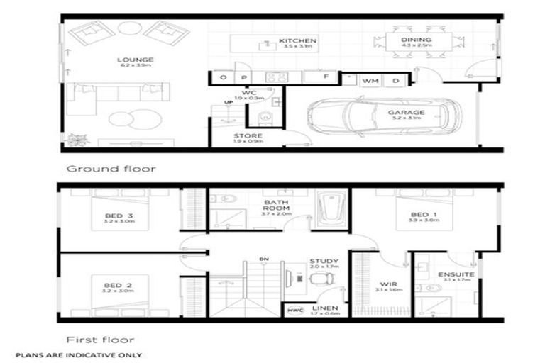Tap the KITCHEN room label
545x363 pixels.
[297, 41]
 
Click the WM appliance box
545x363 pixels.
[370, 82]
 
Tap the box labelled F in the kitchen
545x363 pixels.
[326, 76]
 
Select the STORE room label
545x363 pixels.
[248, 135]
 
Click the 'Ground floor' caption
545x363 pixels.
[110, 169]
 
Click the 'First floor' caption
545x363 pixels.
[100, 339]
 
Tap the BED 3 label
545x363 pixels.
[119, 216]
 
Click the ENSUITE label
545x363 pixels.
[452, 274]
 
